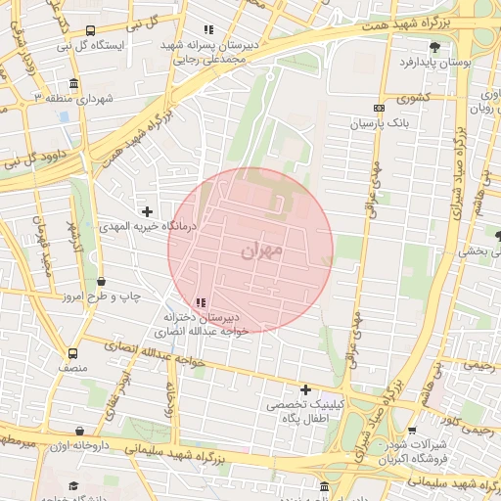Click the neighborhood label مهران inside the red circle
click(x=260, y=251)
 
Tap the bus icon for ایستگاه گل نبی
click(x=91, y=30)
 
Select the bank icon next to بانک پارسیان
click(x=380, y=108)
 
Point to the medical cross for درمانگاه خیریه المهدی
click(x=147, y=210)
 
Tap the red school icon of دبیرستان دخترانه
click(x=200, y=303)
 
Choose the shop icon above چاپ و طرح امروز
click(x=102, y=282)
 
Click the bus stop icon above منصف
click(x=72, y=353)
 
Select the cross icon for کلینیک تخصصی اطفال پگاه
click(x=305, y=389)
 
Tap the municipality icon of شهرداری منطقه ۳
click(x=75, y=84)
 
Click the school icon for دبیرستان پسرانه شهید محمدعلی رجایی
click(x=207, y=30)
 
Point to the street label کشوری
click(x=411, y=98)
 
